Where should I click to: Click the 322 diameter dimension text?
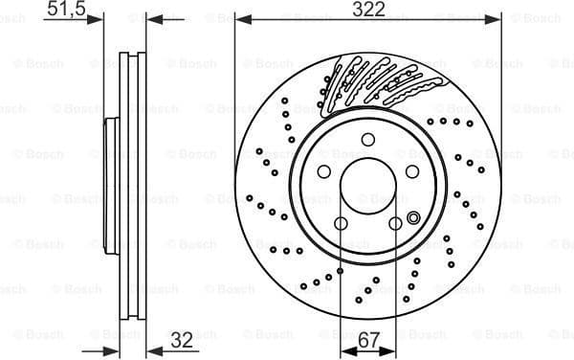(x=367, y=10)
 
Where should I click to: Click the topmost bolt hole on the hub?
(x=368, y=140)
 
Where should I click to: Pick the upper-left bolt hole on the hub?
(x=323, y=171)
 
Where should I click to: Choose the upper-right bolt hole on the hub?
(x=412, y=171)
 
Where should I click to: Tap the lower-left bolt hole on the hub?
(x=341, y=224)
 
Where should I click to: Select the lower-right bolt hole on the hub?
(x=395, y=224)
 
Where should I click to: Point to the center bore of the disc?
(x=368, y=187)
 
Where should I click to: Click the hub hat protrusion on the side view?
(x=110, y=188)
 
